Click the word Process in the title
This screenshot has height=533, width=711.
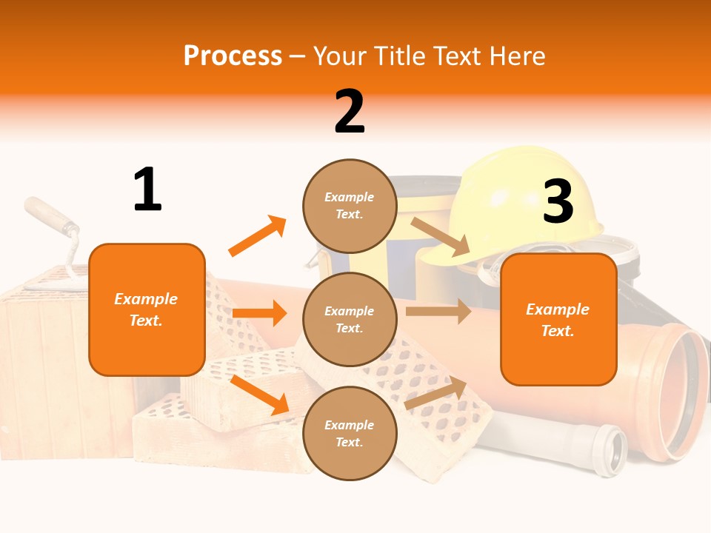coord(233,56)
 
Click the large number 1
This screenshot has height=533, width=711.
coord(147,190)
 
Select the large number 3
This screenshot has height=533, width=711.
coord(558,201)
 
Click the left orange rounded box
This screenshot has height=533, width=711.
coord(147,309)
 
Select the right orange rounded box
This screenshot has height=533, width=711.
coord(558,319)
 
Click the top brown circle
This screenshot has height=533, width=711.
coord(350,206)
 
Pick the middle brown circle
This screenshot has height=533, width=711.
coord(350,319)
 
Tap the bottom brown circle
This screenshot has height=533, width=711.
coord(350,433)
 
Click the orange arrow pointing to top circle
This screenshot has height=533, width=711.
coord(257,236)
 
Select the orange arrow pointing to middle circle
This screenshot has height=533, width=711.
coord(259,313)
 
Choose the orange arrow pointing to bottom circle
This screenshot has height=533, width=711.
coord(260,395)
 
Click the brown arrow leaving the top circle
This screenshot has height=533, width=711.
coord(441,236)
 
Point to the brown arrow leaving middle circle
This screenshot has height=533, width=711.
coord(438,311)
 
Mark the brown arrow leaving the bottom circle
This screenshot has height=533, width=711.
coord(436,393)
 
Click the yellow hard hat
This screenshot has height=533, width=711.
coord(518,200)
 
